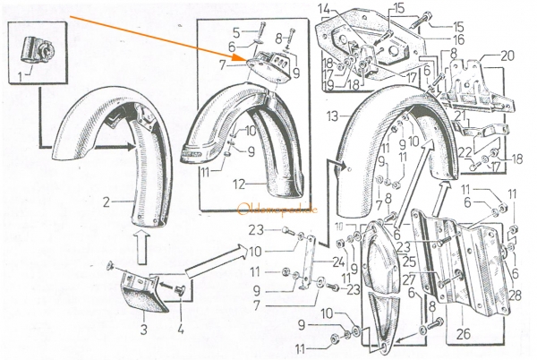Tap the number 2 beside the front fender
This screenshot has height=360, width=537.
pos(106,202)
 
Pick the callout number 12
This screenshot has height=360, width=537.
pos(236,184)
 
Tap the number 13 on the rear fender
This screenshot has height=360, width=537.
pos(331,116)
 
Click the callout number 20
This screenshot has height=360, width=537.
pos(507,56)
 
